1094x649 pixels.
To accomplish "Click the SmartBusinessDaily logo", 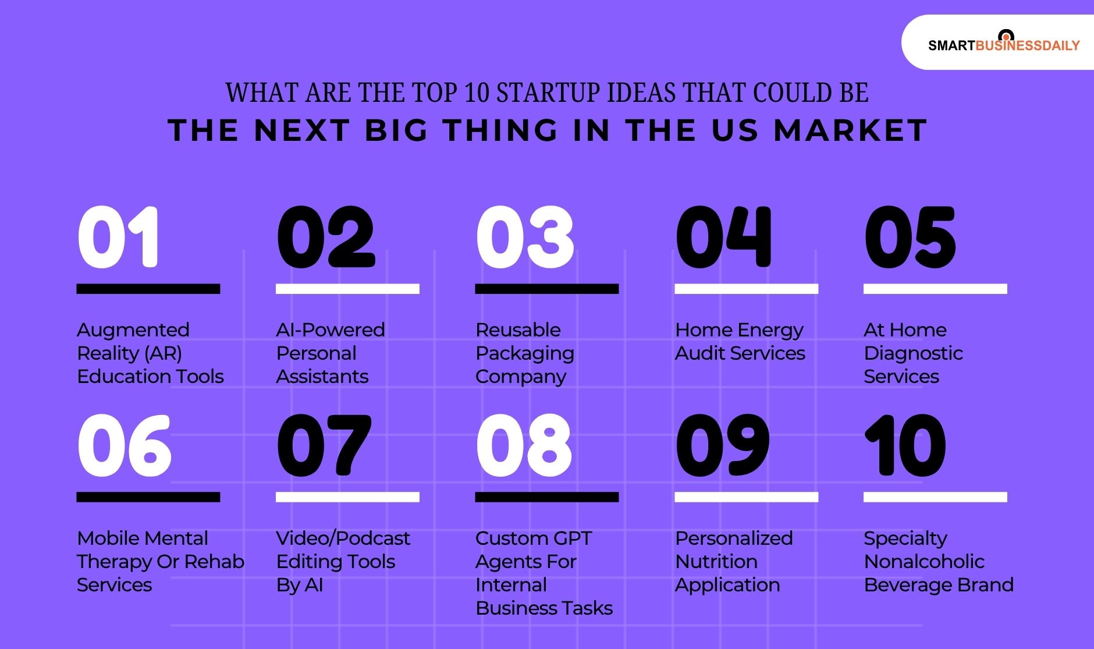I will [x=1003, y=44].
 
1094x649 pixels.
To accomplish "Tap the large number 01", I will [x=118, y=237].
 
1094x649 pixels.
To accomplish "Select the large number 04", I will [x=723, y=237].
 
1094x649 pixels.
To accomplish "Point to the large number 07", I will [x=324, y=445].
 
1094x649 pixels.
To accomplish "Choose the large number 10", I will [x=905, y=445].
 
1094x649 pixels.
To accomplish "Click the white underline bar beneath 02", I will [x=347, y=289].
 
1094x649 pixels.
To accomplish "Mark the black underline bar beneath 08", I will [x=546, y=497].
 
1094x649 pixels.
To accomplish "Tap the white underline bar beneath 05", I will [x=935, y=289].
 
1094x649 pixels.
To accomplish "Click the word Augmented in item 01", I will [x=133, y=330].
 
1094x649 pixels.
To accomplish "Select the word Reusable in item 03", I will [x=518, y=330].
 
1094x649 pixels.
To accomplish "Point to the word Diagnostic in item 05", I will [x=913, y=353].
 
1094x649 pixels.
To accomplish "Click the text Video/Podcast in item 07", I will [x=343, y=538].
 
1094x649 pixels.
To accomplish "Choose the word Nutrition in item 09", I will [x=716, y=562].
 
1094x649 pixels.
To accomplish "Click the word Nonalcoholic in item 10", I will [x=924, y=562].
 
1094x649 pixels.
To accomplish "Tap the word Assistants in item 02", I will [x=322, y=377].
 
